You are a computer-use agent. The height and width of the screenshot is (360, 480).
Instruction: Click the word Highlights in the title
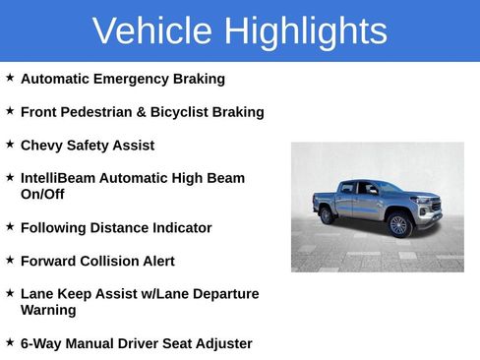(305, 31)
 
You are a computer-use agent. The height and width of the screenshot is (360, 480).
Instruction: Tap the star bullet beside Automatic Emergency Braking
(10, 77)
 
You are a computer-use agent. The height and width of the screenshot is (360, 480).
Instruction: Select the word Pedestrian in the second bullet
(101, 112)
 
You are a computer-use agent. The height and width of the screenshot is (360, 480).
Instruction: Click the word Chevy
(42, 146)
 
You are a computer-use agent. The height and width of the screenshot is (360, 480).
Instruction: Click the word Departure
(225, 294)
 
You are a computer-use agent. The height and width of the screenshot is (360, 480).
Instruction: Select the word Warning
(48, 311)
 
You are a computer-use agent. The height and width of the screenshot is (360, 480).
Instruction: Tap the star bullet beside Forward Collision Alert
(10, 260)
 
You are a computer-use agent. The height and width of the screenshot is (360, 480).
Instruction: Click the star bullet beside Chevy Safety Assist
(10, 144)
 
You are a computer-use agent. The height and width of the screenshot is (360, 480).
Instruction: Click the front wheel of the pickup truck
(398, 225)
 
